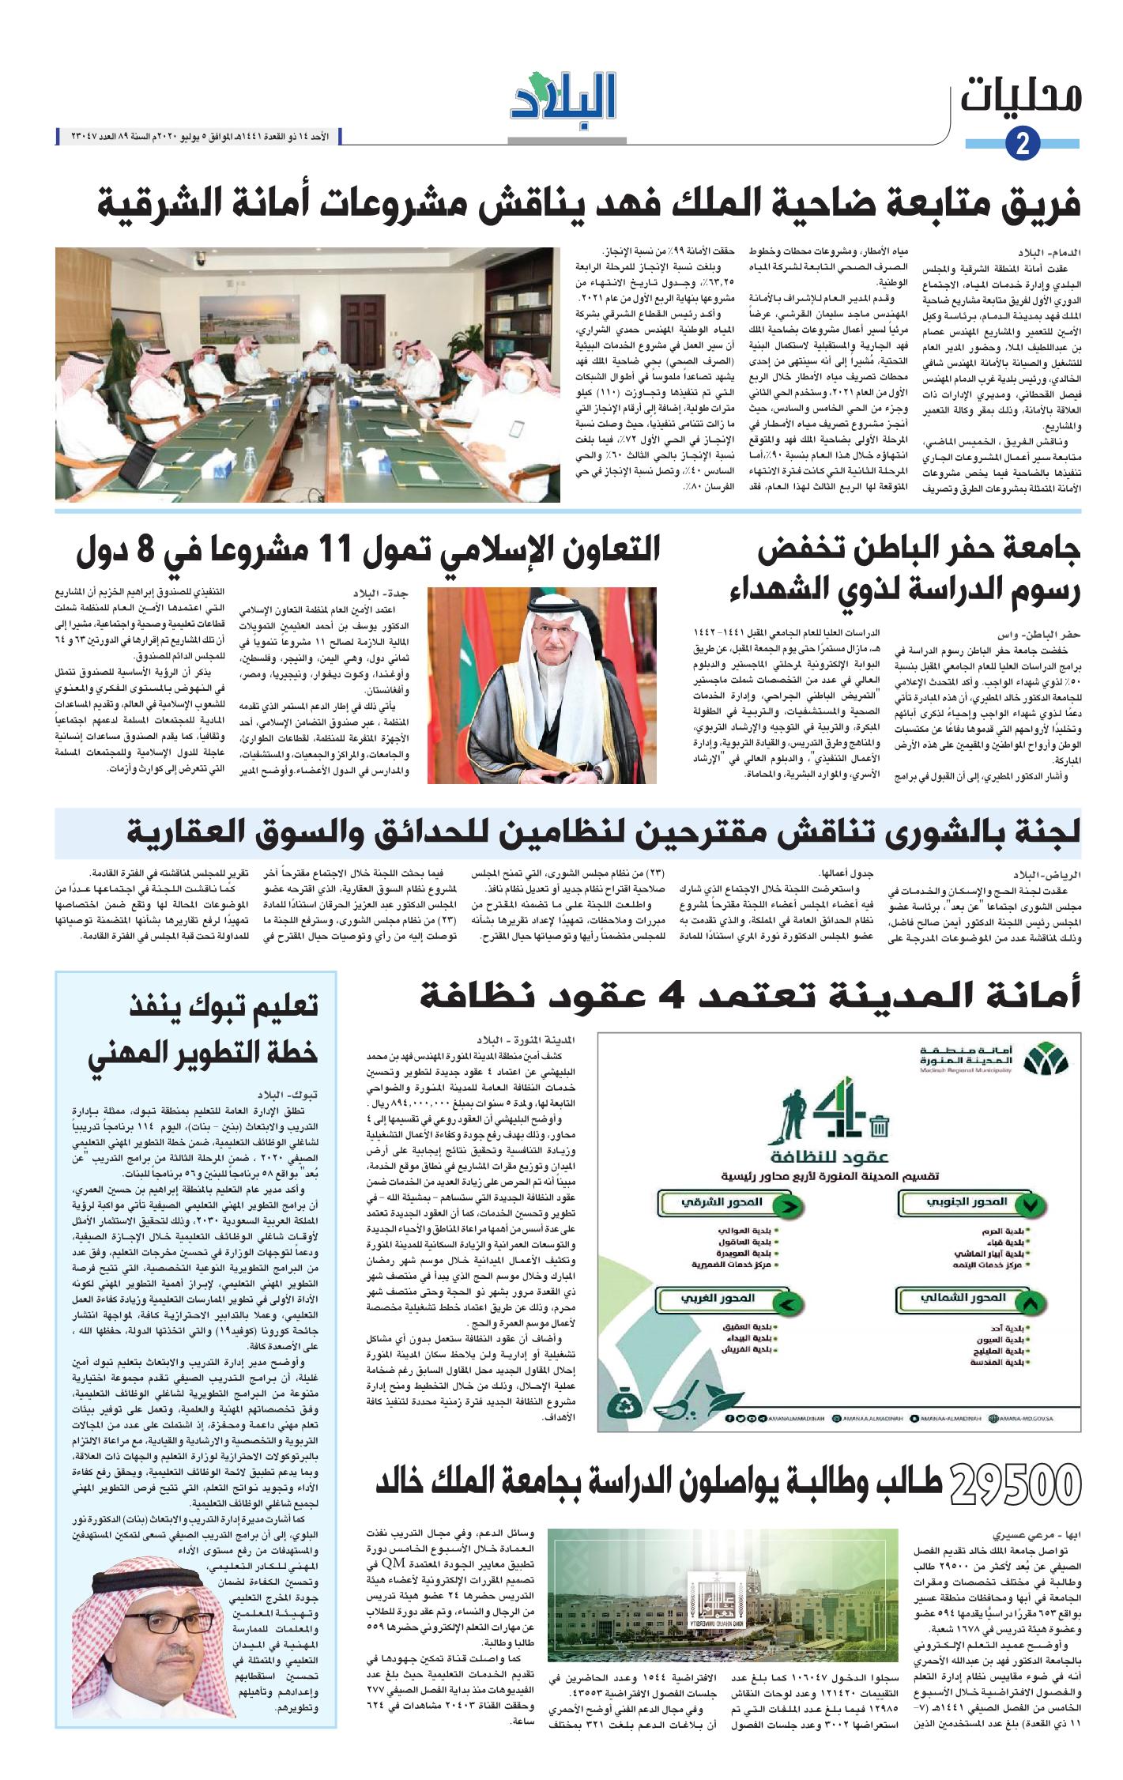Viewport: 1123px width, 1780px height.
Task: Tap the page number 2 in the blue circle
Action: [1023, 145]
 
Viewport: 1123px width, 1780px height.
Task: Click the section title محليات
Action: [1021, 97]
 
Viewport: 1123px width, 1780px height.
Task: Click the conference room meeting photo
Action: [307, 374]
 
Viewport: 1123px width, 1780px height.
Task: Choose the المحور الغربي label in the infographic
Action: [727, 1299]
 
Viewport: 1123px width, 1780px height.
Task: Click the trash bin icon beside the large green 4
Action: [878, 1126]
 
